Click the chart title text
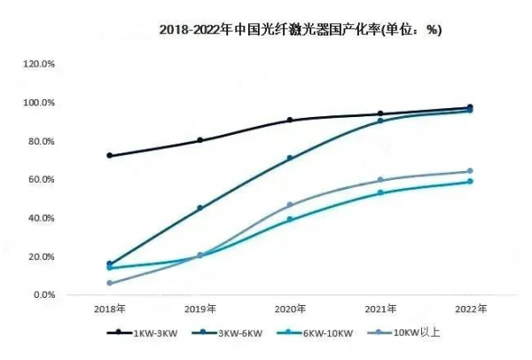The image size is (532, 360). coord(300,29)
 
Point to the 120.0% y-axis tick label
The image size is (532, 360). coord(39,65)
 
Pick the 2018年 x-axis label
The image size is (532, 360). coord(109,309)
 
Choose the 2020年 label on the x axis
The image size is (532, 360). coord(289,309)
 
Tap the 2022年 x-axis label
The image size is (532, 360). coord(469,309)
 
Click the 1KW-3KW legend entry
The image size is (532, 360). coord(145,333)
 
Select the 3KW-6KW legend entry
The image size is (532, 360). coord(232,333)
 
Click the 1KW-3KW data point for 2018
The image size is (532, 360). coord(109,155)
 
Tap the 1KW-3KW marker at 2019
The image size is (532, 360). coord(199,140)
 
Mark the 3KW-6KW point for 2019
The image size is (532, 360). coord(199,208)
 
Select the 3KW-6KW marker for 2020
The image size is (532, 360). coord(289,159)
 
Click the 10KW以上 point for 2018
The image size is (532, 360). coord(109,283)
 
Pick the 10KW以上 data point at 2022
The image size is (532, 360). coord(469,171)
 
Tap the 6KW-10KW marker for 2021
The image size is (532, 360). coord(379,192)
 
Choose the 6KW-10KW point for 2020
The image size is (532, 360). coord(289,219)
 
